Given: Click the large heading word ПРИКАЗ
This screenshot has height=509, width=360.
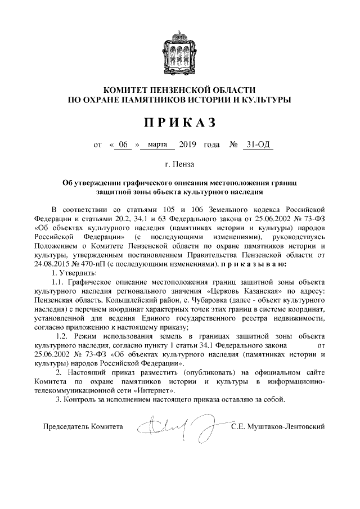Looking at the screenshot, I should coord(179,123).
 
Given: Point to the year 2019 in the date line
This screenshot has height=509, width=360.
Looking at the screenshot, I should coord(187,145).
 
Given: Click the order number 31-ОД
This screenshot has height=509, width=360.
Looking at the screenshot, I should coord(258,145).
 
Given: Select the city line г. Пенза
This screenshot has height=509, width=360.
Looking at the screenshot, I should coord(179,165).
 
